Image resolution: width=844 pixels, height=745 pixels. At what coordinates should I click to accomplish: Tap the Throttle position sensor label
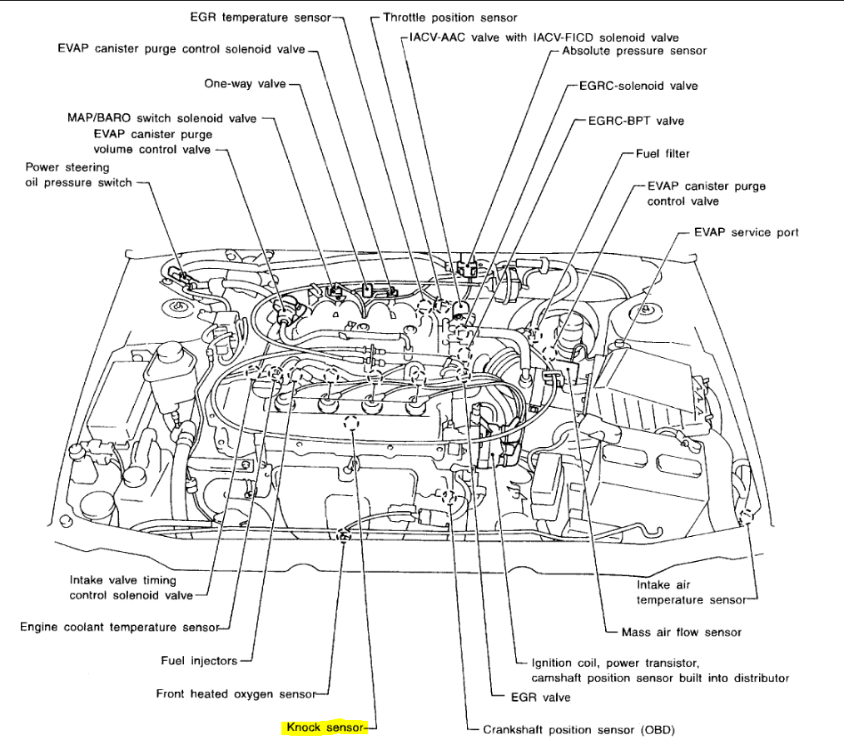[x=449, y=17]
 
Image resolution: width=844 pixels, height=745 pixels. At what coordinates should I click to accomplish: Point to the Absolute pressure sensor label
[x=634, y=51]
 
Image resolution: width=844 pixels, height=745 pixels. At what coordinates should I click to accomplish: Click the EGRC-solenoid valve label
[x=638, y=86]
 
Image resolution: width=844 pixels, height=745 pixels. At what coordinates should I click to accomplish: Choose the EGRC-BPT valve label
[x=636, y=121]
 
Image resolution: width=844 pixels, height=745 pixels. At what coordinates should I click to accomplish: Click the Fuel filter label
[x=663, y=154]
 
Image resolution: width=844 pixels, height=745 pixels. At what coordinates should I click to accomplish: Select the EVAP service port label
[x=746, y=232]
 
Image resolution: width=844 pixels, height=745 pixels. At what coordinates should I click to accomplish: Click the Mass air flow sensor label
[x=681, y=632]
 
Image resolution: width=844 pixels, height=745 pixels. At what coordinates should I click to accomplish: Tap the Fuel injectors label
[x=199, y=661]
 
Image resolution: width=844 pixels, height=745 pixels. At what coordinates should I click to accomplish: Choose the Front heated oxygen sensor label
[x=236, y=693]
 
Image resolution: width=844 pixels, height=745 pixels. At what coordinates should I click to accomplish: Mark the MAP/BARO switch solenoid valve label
[x=162, y=118]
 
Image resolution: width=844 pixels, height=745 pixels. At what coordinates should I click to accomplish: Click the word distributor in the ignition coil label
[x=757, y=678]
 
